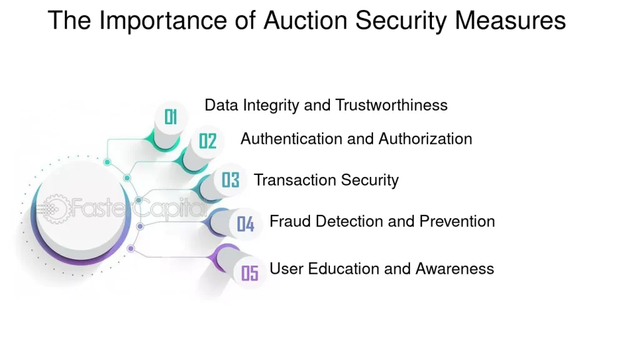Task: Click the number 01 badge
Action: coord(171,117)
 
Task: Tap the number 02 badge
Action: coord(207,141)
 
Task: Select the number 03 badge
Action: coord(230,180)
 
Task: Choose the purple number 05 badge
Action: coord(250,273)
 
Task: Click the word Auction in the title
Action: coord(305,21)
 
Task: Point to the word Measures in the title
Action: coord(510,21)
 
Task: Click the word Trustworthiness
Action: coord(391,105)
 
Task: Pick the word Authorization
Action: coord(425,139)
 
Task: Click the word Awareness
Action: coord(455,269)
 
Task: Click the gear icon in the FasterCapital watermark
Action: coord(55,209)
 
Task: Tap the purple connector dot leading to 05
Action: coord(131,249)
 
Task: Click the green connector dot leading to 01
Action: coord(107,162)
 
